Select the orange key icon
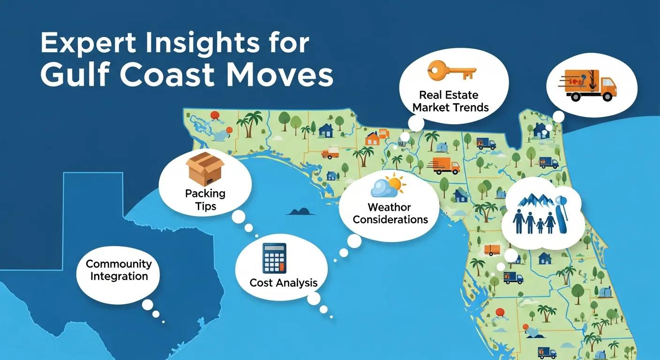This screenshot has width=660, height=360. [451, 71]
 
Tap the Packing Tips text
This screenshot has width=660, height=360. [205, 199]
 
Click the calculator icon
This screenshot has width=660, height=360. [274, 258]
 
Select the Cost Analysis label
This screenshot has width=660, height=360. [284, 283]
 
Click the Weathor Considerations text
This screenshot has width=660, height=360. [390, 213]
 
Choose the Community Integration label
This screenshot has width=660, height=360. [119, 270]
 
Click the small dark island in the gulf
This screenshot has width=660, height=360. [300, 211]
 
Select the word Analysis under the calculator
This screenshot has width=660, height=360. [297, 283]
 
